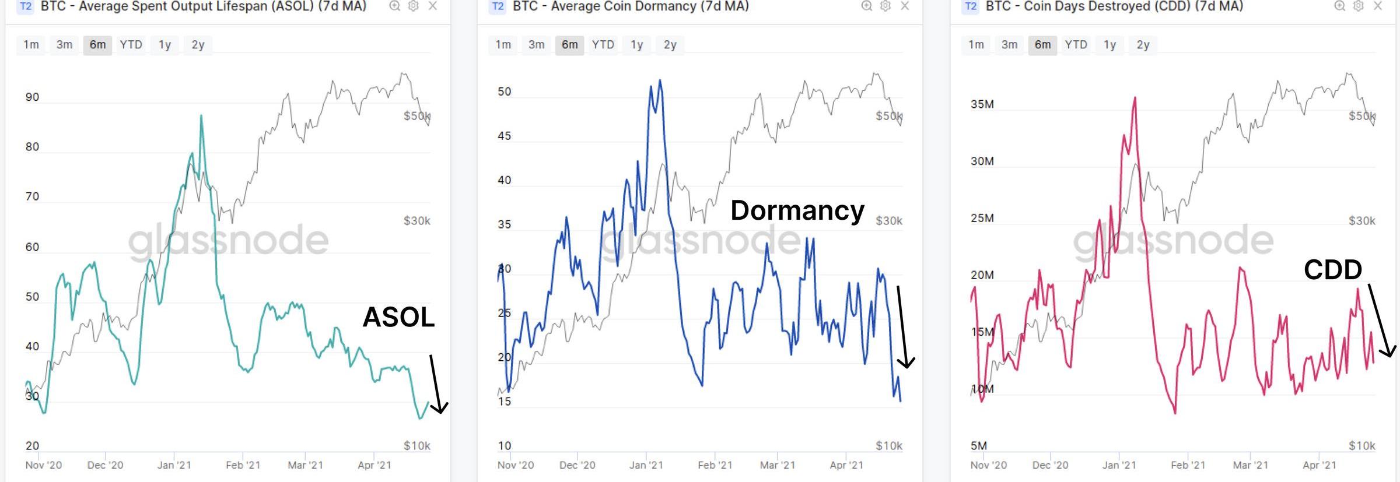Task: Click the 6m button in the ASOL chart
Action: (x=97, y=45)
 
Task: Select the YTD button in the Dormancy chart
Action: (x=603, y=45)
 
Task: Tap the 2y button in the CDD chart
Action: (x=1143, y=45)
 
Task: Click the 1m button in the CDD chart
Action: (x=976, y=45)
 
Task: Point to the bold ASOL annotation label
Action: (x=398, y=318)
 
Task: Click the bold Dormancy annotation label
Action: (x=797, y=210)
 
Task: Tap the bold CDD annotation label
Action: (x=1333, y=270)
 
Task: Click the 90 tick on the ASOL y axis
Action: (x=33, y=97)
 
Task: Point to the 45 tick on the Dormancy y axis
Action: (x=504, y=136)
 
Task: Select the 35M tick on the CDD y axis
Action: (x=982, y=104)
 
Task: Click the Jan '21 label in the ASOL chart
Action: (x=174, y=465)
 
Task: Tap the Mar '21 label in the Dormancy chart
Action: (x=777, y=465)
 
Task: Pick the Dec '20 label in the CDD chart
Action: (x=1050, y=465)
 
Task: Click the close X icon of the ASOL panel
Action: (x=432, y=6)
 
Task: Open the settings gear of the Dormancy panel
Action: (x=885, y=6)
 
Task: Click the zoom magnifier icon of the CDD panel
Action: (x=1339, y=6)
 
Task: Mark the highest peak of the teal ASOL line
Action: (x=201, y=116)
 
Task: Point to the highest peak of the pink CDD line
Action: (x=1135, y=98)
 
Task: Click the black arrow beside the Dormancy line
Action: (x=903, y=326)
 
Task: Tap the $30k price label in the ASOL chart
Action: (x=416, y=221)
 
